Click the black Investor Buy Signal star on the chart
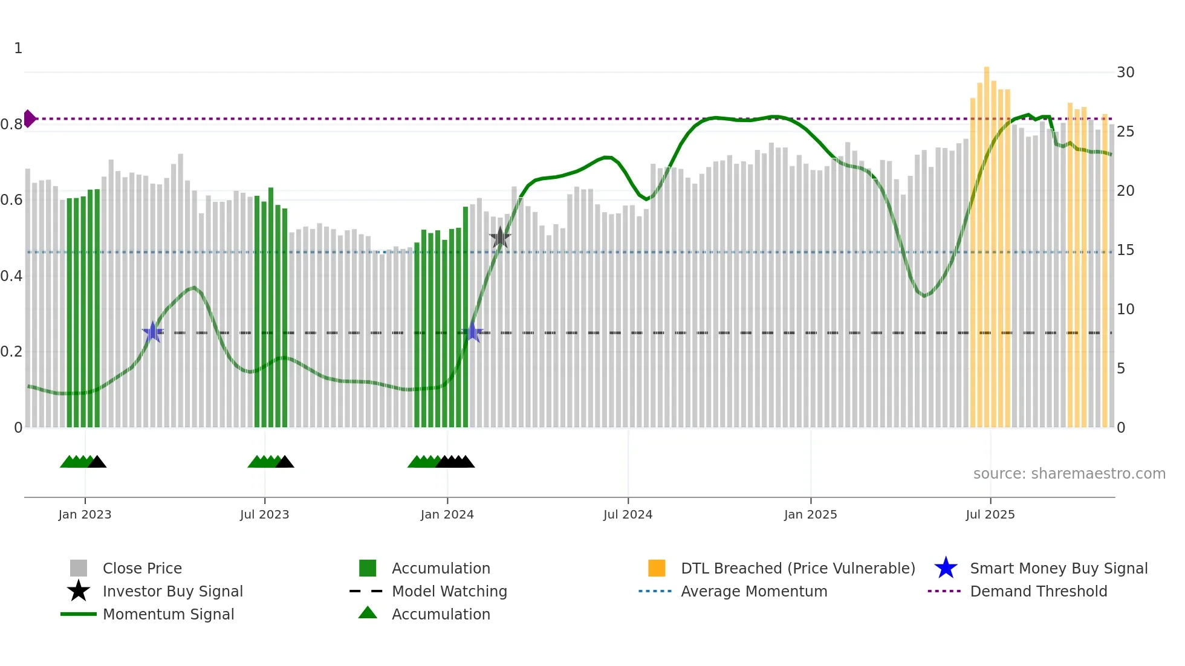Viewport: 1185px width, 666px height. tap(500, 238)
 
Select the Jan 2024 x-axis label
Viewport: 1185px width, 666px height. tap(447, 514)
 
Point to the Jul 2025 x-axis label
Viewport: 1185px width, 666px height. tap(990, 514)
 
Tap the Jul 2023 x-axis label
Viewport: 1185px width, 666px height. tap(264, 514)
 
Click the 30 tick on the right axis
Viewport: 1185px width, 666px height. tap(1125, 73)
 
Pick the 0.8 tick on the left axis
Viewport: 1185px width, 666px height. tap(11, 124)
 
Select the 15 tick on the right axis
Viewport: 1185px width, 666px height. tap(1125, 250)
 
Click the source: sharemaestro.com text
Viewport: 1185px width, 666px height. tap(1069, 473)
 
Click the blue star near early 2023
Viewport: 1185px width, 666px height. tap(153, 332)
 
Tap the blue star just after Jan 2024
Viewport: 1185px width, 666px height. tap(472, 332)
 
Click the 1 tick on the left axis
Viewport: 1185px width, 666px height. tap(18, 48)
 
